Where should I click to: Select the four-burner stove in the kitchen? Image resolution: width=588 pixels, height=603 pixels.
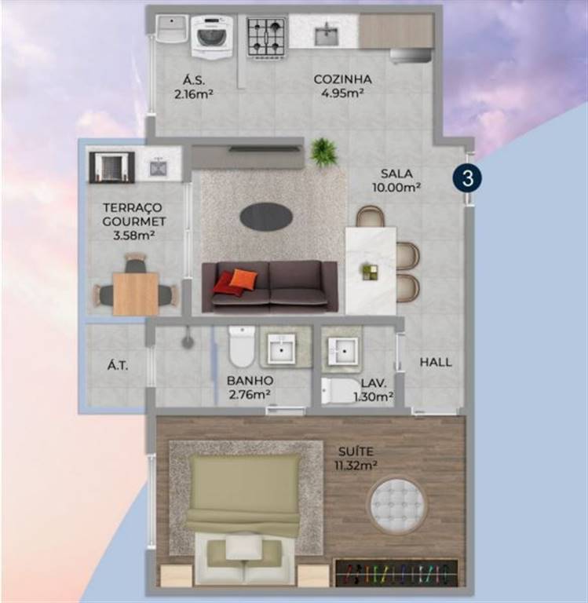[x=267, y=38]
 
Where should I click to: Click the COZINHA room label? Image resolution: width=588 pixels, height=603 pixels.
[x=342, y=79]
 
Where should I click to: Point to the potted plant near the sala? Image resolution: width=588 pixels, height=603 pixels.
[x=324, y=152]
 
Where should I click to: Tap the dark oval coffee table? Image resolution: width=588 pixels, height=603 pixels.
[x=266, y=217]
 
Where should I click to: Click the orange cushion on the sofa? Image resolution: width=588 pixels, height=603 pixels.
[x=243, y=279]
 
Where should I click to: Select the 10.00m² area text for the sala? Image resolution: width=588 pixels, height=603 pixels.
[x=396, y=188]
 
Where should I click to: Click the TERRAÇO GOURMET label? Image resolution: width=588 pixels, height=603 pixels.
[x=133, y=214]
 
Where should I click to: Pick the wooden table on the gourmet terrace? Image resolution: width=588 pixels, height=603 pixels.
[x=136, y=294]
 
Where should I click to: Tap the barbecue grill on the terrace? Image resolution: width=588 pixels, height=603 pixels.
[x=112, y=167]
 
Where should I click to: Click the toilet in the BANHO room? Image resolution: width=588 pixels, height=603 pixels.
[x=242, y=346]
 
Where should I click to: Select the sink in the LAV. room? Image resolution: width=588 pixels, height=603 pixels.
[x=343, y=350]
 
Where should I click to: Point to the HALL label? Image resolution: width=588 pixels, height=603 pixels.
[x=436, y=362]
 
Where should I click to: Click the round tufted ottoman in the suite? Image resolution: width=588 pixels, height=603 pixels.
[x=398, y=505]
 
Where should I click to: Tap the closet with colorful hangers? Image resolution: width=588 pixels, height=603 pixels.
[x=396, y=573]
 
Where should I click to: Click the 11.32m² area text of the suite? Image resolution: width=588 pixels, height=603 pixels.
[x=356, y=466]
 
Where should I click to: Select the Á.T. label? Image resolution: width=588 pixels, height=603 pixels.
[x=118, y=365]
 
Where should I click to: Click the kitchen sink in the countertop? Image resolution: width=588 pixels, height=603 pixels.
[x=327, y=35]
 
